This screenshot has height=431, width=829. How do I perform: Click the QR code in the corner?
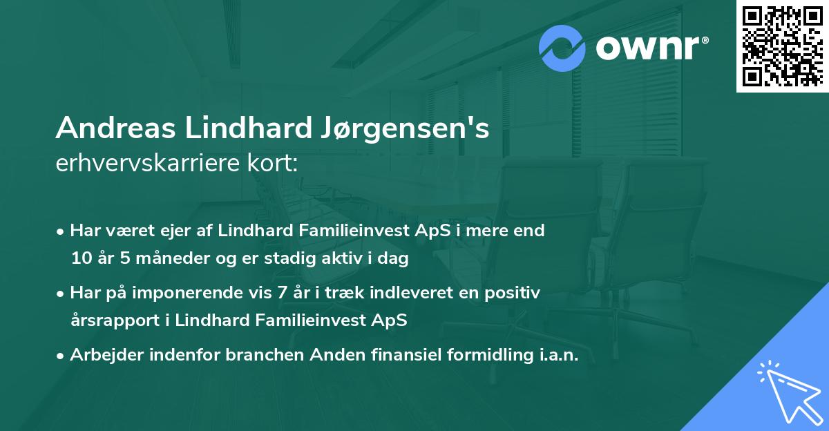[x=782, y=46]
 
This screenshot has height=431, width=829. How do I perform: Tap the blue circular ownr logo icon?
[x=562, y=48]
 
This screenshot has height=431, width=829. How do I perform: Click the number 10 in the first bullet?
[x=80, y=260]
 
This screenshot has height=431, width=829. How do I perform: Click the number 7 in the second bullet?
[x=281, y=293]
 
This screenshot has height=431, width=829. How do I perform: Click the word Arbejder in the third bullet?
[x=103, y=355]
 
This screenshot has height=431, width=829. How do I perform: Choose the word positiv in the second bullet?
[x=516, y=293]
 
